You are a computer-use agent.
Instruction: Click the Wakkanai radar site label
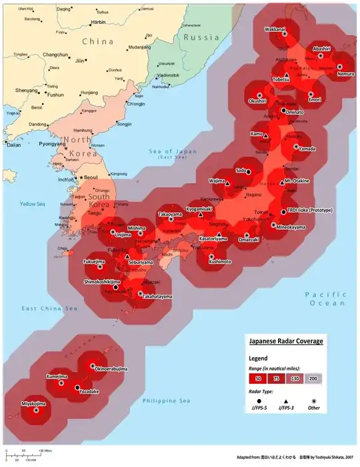[275, 30]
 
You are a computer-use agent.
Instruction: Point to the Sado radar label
[241, 170]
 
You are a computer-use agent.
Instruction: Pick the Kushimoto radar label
[219, 262]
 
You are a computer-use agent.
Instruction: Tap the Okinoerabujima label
[111, 368]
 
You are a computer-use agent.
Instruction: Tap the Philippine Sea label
[167, 400]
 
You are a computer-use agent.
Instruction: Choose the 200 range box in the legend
[312, 378]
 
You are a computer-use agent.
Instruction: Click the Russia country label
[202, 37]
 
